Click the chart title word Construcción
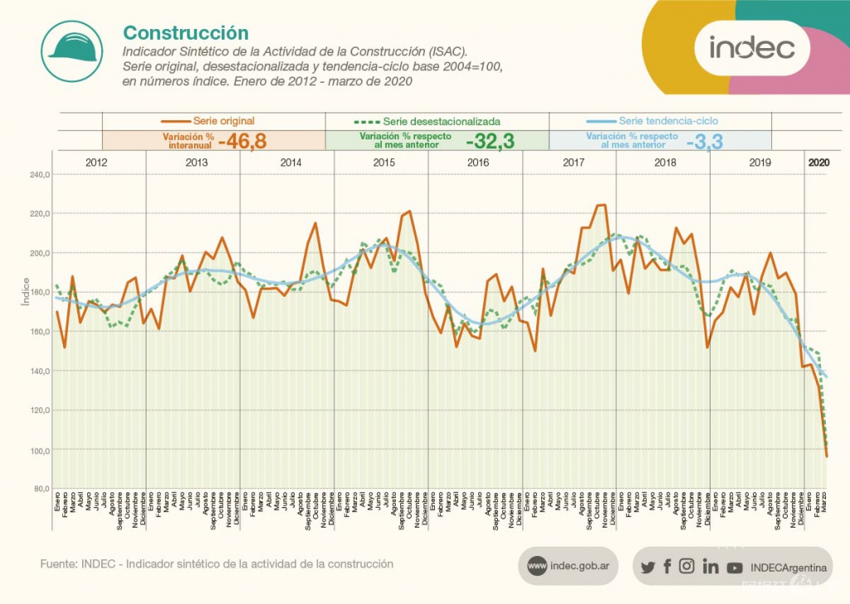click(x=186, y=32)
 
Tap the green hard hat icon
click(x=73, y=51)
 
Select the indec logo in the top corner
click(x=751, y=47)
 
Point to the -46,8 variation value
click(x=242, y=140)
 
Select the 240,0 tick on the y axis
click(x=40, y=175)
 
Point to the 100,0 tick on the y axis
click(x=40, y=450)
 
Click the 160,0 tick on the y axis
click(x=40, y=332)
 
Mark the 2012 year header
click(x=97, y=163)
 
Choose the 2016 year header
click(x=478, y=163)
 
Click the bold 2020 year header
click(x=818, y=163)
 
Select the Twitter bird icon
click(x=648, y=567)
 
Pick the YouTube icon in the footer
click(x=735, y=567)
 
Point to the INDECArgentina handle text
click(x=788, y=567)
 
